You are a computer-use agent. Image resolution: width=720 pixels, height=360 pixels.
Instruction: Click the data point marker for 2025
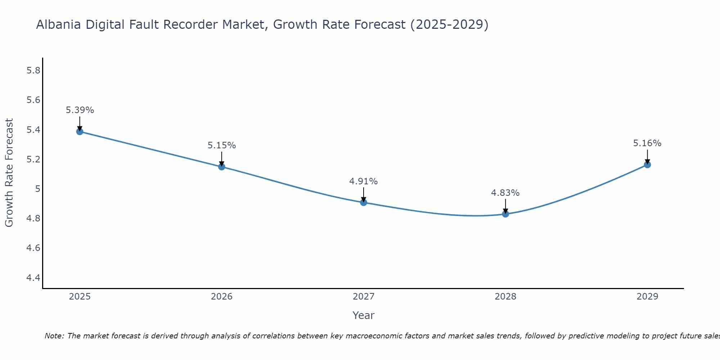point(80,131)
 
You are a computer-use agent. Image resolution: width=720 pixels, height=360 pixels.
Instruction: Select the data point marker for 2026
point(222,167)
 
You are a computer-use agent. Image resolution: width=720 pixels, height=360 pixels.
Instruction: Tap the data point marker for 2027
point(364,202)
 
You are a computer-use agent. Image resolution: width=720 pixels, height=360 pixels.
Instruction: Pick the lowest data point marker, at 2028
point(505,214)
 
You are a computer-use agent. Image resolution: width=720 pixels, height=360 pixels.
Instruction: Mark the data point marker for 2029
point(647,165)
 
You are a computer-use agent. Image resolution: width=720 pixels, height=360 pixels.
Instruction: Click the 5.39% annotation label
point(80,110)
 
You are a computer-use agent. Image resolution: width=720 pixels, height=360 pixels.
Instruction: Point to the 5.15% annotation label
point(222,145)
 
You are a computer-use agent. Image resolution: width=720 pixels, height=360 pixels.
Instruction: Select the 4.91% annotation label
point(364,181)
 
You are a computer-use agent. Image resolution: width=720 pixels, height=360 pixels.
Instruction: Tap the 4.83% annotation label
point(505,193)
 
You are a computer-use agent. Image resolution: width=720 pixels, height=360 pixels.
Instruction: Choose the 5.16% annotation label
point(647,143)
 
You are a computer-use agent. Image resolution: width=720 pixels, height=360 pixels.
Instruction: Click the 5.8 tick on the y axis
point(33,71)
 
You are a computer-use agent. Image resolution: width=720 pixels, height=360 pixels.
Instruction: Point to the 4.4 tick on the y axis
point(33,278)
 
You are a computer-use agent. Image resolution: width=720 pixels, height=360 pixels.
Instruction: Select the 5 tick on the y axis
point(37,189)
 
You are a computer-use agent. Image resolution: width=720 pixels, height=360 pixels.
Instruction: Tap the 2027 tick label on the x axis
point(364,297)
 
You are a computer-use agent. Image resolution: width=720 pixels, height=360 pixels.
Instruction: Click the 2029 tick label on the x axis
point(647,297)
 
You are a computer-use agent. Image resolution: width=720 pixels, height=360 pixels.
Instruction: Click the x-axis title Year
point(364,315)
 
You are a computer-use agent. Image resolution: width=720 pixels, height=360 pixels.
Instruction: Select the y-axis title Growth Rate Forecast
point(9,173)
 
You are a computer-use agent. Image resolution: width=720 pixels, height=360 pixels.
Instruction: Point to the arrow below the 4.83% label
point(505,206)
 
